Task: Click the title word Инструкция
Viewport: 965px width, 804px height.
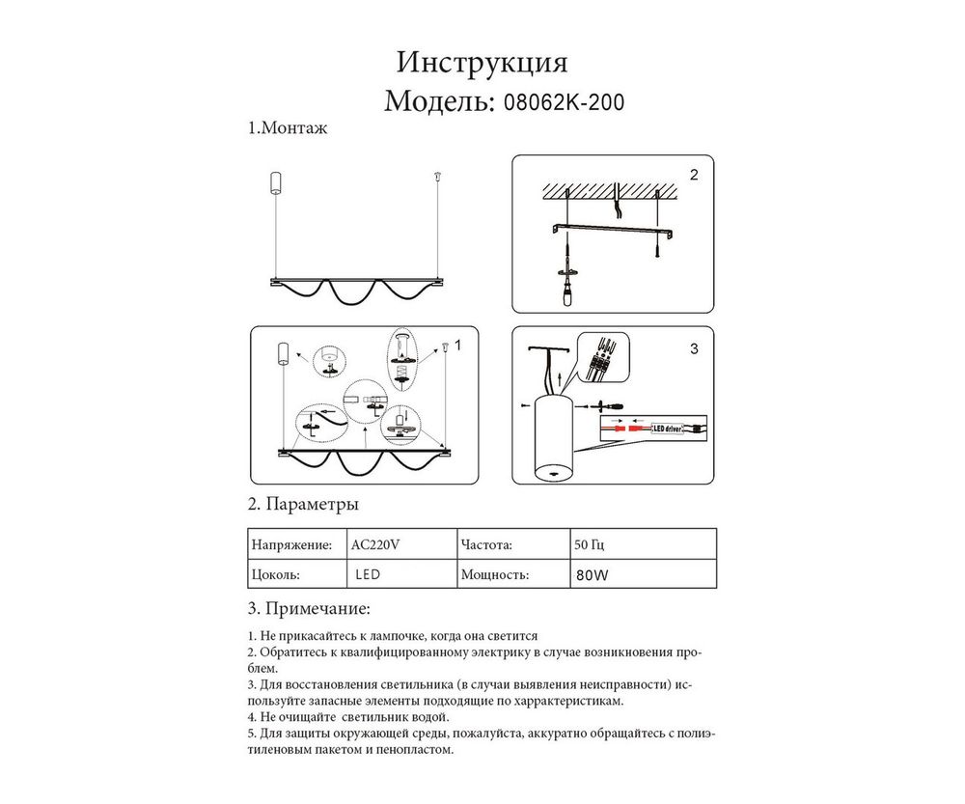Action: [x=482, y=64]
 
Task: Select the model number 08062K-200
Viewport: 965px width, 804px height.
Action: [x=559, y=102]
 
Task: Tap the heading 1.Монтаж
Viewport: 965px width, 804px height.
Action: [x=288, y=128]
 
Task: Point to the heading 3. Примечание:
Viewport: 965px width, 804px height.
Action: [x=309, y=609]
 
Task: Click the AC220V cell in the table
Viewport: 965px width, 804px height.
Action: [x=376, y=544]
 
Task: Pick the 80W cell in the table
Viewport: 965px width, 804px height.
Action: [x=591, y=574]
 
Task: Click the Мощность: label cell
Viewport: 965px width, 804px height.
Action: [x=495, y=574]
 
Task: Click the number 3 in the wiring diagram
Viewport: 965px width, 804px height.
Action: [x=694, y=349]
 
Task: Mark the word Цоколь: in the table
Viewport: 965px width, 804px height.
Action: [x=275, y=574]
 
